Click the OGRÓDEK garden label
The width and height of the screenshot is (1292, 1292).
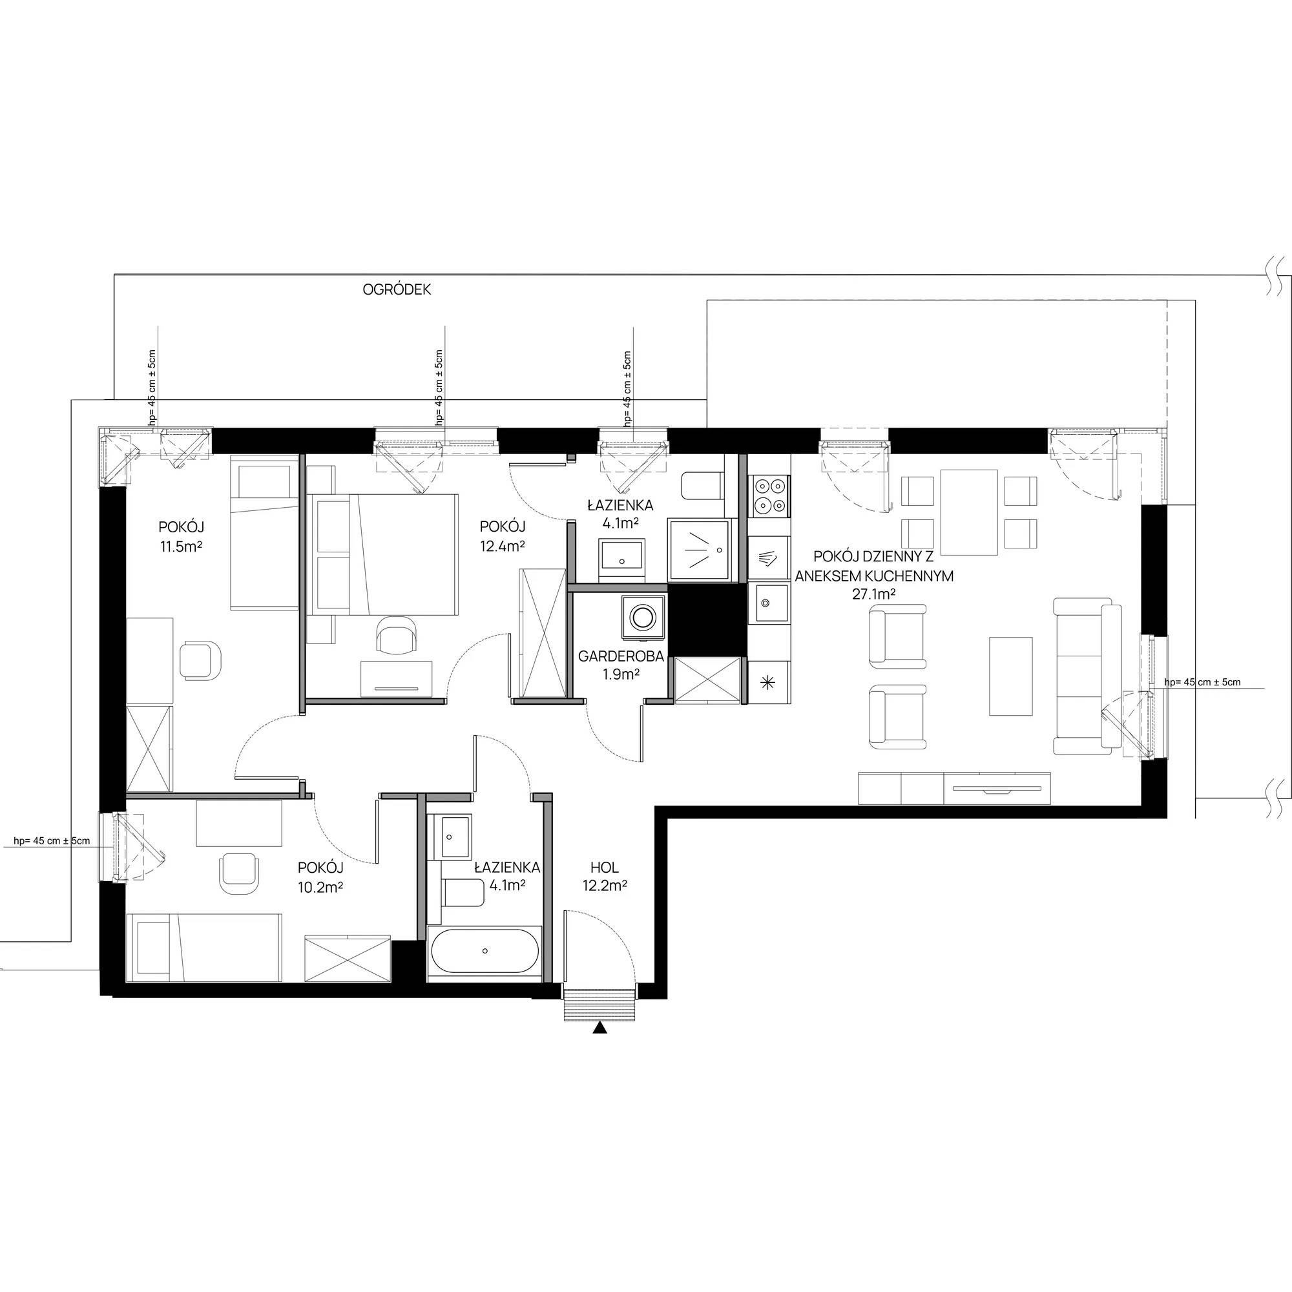(x=397, y=289)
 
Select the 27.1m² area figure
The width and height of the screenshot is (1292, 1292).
(x=874, y=593)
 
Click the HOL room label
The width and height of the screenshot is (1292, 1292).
(x=604, y=868)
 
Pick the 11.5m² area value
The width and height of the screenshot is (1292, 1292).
(x=181, y=546)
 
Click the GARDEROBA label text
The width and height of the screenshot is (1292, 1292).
(x=621, y=657)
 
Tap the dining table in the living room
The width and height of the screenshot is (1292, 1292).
(x=969, y=512)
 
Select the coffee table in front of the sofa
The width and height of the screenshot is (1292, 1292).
(x=1010, y=676)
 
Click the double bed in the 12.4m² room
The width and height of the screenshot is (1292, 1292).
(x=382, y=554)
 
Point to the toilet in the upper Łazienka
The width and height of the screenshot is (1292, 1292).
(x=702, y=486)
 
